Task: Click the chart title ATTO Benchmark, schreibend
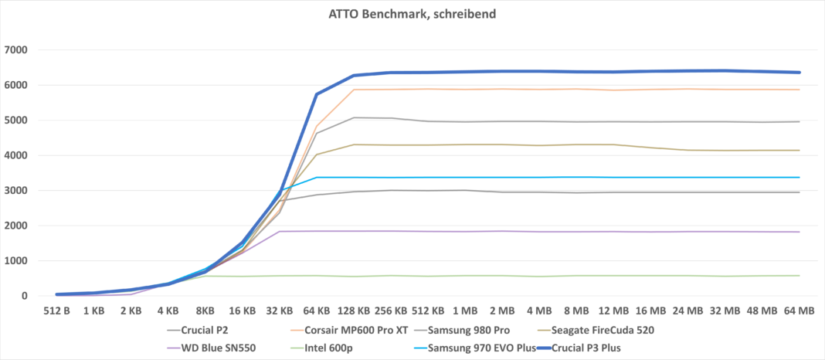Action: pyautogui.click(x=412, y=13)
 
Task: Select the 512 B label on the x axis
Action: pyautogui.click(x=56, y=311)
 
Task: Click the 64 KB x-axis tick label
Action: pyautogui.click(x=317, y=311)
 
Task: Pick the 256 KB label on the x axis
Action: pyautogui.click(x=391, y=311)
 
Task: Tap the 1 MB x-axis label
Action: pyautogui.click(x=465, y=311)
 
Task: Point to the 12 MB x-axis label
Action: pyautogui.click(x=613, y=311)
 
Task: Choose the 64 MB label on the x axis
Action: pyautogui.click(x=799, y=311)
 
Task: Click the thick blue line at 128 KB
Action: pyautogui.click(x=354, y=76)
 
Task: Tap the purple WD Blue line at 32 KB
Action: pyautogui.click(x=280, y=232)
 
